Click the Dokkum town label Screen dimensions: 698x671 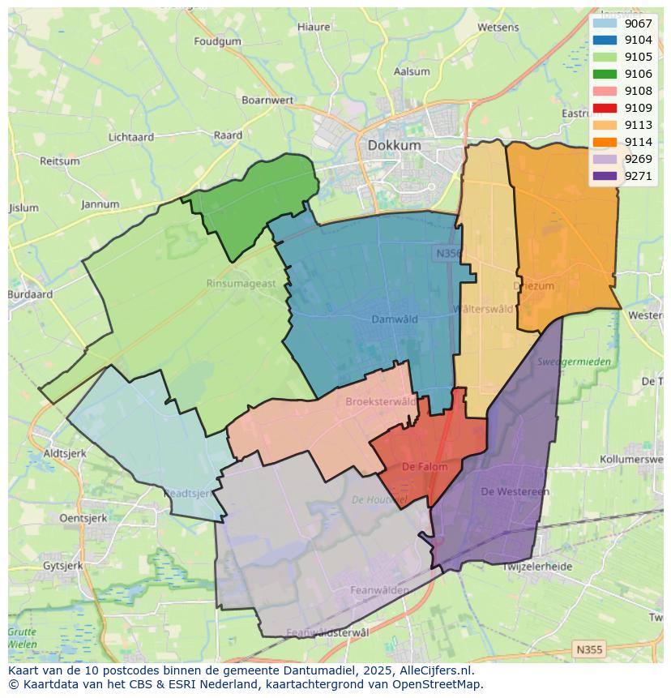pyautogui.click(x=394, y=145)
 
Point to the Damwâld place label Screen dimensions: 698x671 pyautogui.click(x=395, y=319)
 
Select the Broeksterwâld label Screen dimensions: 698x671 pyautogui.click(x=380, y=401)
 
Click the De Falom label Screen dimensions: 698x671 pyautogui.click(x=425, y=467)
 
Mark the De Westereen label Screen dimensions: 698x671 pyautogui.click(x=515, y=491)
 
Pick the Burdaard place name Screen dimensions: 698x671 pyautogui.click(x=30, y=294)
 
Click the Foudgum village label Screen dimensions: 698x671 pyautogui.click(x=217, y=41)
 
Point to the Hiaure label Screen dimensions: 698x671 pyautogui.click(x=314, y=27)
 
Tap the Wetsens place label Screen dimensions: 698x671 pyautogui.click(x=498, y=27)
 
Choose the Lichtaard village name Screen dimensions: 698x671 pyautogui.click(x=130, y=137)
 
